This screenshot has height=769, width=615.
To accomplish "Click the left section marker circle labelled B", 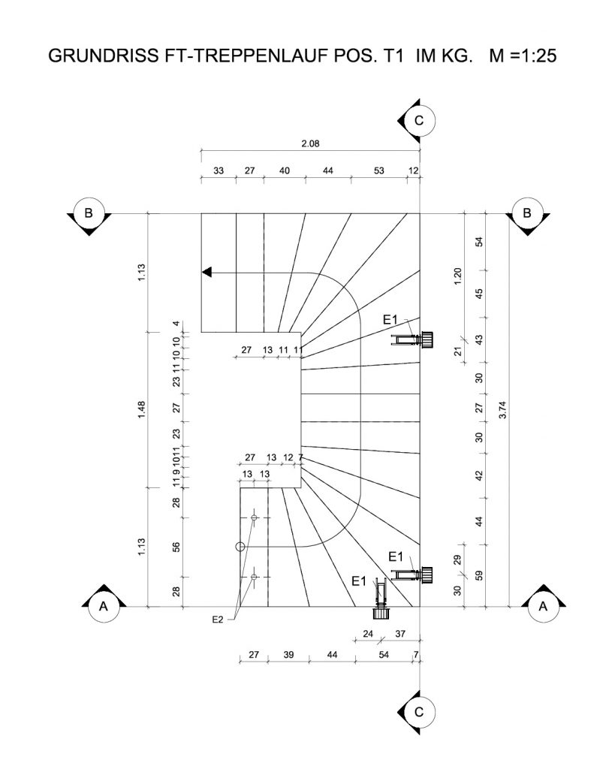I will tap(89, 213).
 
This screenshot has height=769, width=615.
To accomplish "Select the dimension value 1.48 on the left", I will tap(141, 409).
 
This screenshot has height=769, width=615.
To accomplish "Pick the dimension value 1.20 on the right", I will tap(459, 276).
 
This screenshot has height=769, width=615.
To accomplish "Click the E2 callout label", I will tap(219, 619).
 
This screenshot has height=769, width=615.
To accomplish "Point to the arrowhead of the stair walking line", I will tap(206, 273).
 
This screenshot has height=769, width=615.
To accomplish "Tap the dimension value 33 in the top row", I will tap(219, 171).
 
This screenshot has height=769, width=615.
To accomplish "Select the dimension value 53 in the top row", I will tap(379, 171).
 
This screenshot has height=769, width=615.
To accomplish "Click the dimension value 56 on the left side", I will tap(176, 547).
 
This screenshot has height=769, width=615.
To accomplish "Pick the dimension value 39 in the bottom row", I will tap(288, 655).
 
